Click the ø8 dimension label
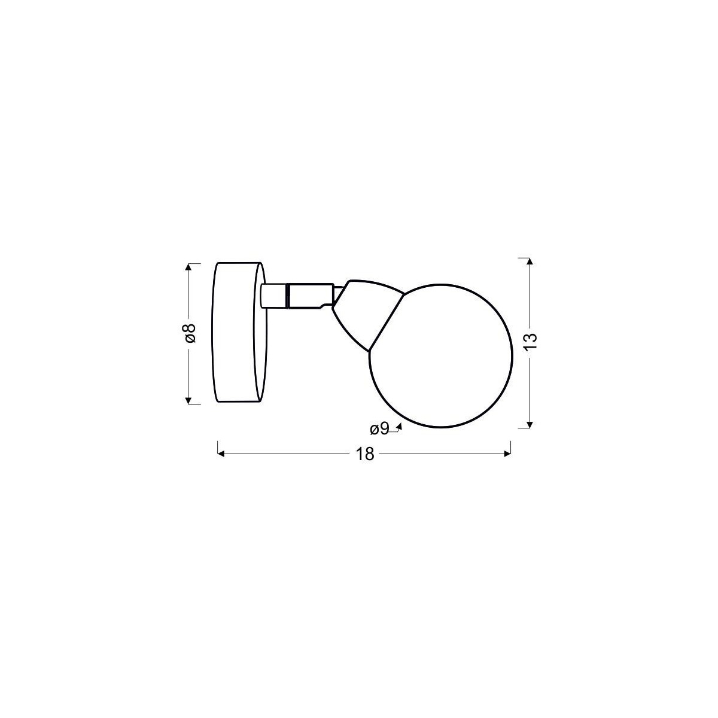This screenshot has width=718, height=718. click(190, 333)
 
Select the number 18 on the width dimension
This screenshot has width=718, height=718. click(364, 454)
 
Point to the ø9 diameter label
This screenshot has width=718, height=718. click(379, 428)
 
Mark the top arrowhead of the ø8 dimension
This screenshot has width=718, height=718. click(188, 267)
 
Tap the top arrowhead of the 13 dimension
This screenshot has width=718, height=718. click(529, 262)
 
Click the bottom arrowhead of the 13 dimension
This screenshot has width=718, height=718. click(529, 424)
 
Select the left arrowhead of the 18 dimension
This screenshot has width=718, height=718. click(221, 454)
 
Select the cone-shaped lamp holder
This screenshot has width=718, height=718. click(365, 311)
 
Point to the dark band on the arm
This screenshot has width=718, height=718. click(288, 296)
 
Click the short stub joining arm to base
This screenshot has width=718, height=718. click(273, 296)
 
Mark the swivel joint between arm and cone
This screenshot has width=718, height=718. click(337, 296)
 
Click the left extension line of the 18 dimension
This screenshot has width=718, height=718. click(217, 448)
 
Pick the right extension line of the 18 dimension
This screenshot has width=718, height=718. click(510, 448)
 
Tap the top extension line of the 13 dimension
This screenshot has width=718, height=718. click(522, 258)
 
